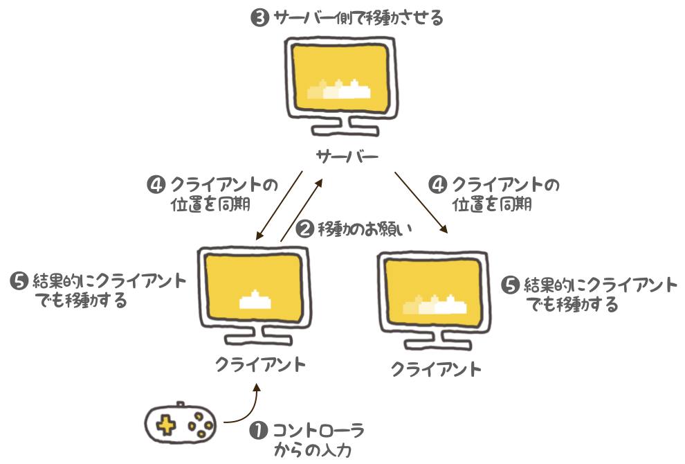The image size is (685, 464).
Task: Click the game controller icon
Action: (x=179, y=422)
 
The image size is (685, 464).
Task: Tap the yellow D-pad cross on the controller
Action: (x=165, y=424)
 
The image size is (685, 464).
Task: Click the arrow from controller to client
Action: (x=246, y=409)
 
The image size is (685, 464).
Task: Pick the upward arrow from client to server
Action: (x=302, y=208)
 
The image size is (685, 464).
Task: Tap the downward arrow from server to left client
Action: (x=280, y=205)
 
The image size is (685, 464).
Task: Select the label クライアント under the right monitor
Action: (x=436, y=368)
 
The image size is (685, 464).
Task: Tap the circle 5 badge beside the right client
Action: (x=509, y=285)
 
